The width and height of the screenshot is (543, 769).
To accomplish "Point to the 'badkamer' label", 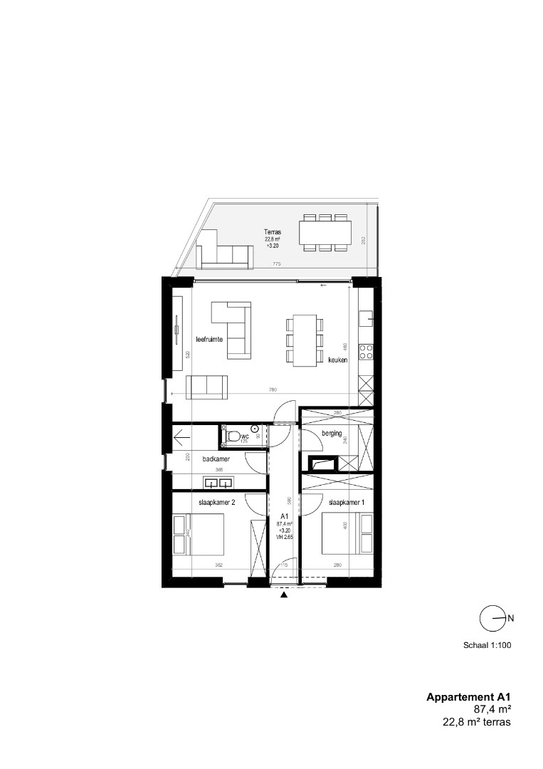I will (216, 459).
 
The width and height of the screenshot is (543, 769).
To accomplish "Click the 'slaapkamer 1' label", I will (347, 503).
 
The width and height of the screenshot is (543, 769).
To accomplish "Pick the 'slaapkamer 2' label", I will (216, 503).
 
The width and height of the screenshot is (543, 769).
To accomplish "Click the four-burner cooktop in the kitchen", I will (367, 351).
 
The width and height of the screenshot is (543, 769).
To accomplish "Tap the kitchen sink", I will (366, 315).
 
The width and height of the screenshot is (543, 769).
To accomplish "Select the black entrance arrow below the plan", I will (285, 595).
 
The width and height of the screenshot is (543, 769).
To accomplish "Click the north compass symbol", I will (493, 618).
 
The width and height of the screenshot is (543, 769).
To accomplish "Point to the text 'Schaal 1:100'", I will (487, 647).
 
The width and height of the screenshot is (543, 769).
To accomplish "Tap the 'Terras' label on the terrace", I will (273, 232).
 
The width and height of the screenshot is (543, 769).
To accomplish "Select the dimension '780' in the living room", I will (273, 389).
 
